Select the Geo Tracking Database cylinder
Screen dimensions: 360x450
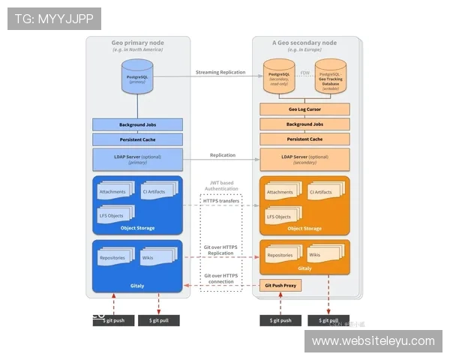(x=330, y=78)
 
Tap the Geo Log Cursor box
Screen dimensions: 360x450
(x=304, y=109)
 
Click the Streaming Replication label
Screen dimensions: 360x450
(x=220, y=73)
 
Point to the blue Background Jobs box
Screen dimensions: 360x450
(x=137, y=124)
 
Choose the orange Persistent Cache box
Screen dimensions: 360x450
(x=304, y=139)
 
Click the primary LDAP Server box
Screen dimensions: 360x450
(x=137, y=159)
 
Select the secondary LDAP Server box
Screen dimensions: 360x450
(x=304, y=159)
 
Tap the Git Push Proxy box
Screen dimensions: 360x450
(x=280, y=285)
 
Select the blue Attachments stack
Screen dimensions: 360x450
(x=114, y=193)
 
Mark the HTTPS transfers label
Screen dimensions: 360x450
(x=221, y=201)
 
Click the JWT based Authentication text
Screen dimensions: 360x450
(x=221, y=185)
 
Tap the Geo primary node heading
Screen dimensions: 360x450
(x=138, y=43)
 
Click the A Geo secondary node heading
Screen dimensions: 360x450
(x=304, y=43)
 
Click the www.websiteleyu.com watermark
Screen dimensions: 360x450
(x=373, y=341)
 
